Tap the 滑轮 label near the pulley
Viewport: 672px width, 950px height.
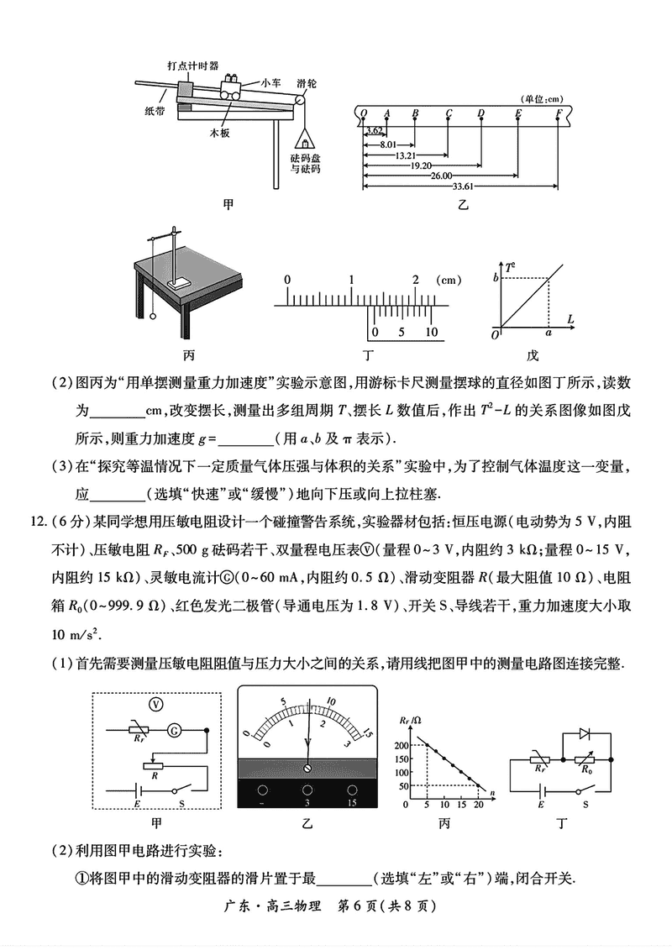coord(307,81)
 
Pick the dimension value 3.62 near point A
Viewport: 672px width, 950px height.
coord(375,130)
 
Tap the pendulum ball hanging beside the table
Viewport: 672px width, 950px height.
coord(153,317)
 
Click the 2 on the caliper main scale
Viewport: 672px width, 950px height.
coord(415,280)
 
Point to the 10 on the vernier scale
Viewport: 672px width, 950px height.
coord(432,333)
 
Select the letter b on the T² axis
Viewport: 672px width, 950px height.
coord(496,277)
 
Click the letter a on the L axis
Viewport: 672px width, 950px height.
coord(549,333)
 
